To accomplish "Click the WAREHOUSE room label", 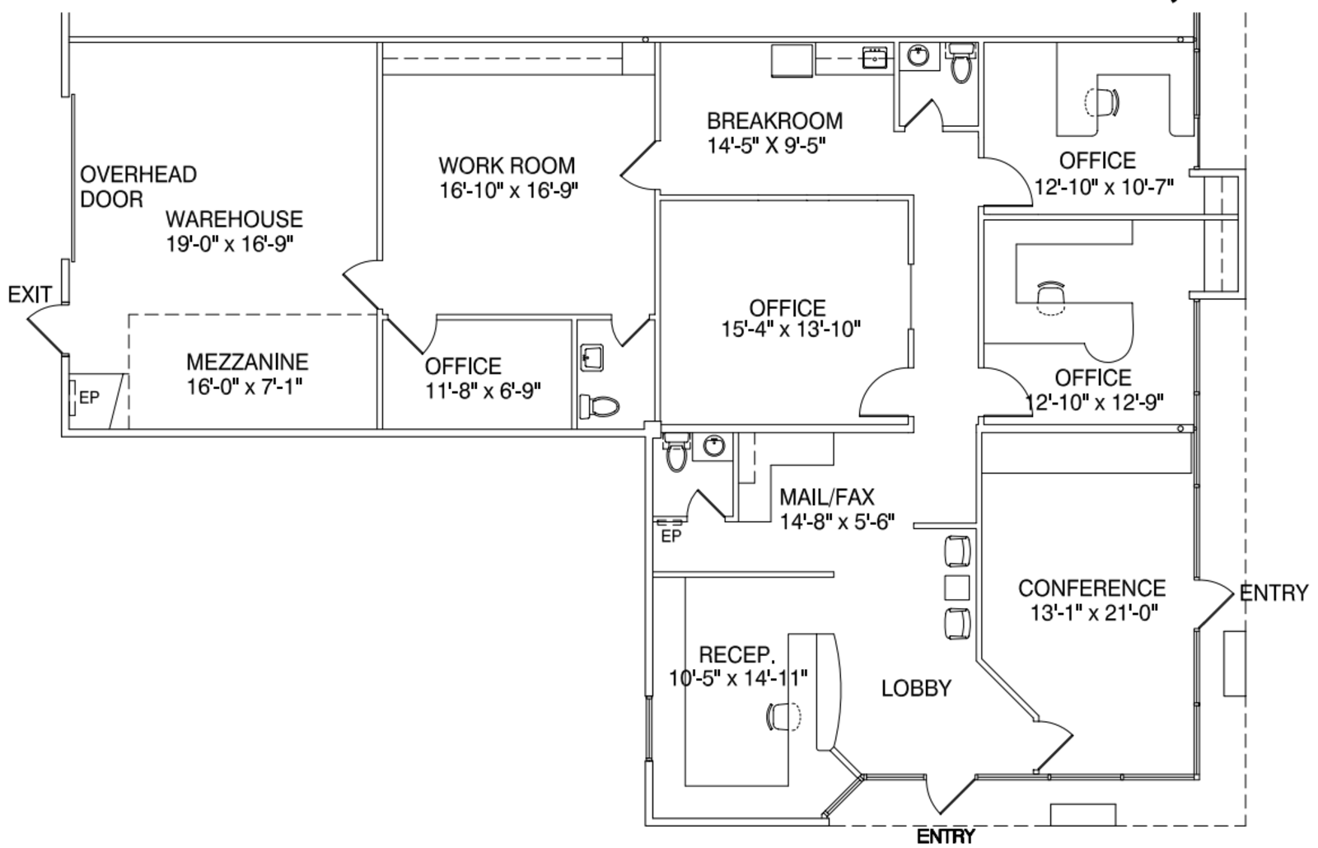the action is tap(234, 219).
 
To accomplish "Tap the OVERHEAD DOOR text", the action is tap(138, 186).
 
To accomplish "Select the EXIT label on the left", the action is tap(30, 294).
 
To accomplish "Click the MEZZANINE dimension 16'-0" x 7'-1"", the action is tap(245, 387).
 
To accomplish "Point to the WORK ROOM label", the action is tap(507, 166).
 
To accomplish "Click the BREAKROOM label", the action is tap(775, 121).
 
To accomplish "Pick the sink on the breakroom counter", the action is tap(874, 58).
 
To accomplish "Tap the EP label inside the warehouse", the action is tap(90, 398).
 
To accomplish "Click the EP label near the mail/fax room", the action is tap(671, 536).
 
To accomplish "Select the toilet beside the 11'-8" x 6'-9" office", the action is tap(599, 406).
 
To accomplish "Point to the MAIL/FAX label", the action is tap(827, 497).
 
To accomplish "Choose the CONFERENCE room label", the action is tap(1092, 588).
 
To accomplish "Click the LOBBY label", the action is tap(916, 688).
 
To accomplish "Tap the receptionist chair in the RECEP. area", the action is tap(783, 717).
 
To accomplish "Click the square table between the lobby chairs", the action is tap(956, 588).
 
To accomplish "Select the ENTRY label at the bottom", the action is tap(946, 836).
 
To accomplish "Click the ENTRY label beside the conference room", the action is tap(1274, 593).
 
